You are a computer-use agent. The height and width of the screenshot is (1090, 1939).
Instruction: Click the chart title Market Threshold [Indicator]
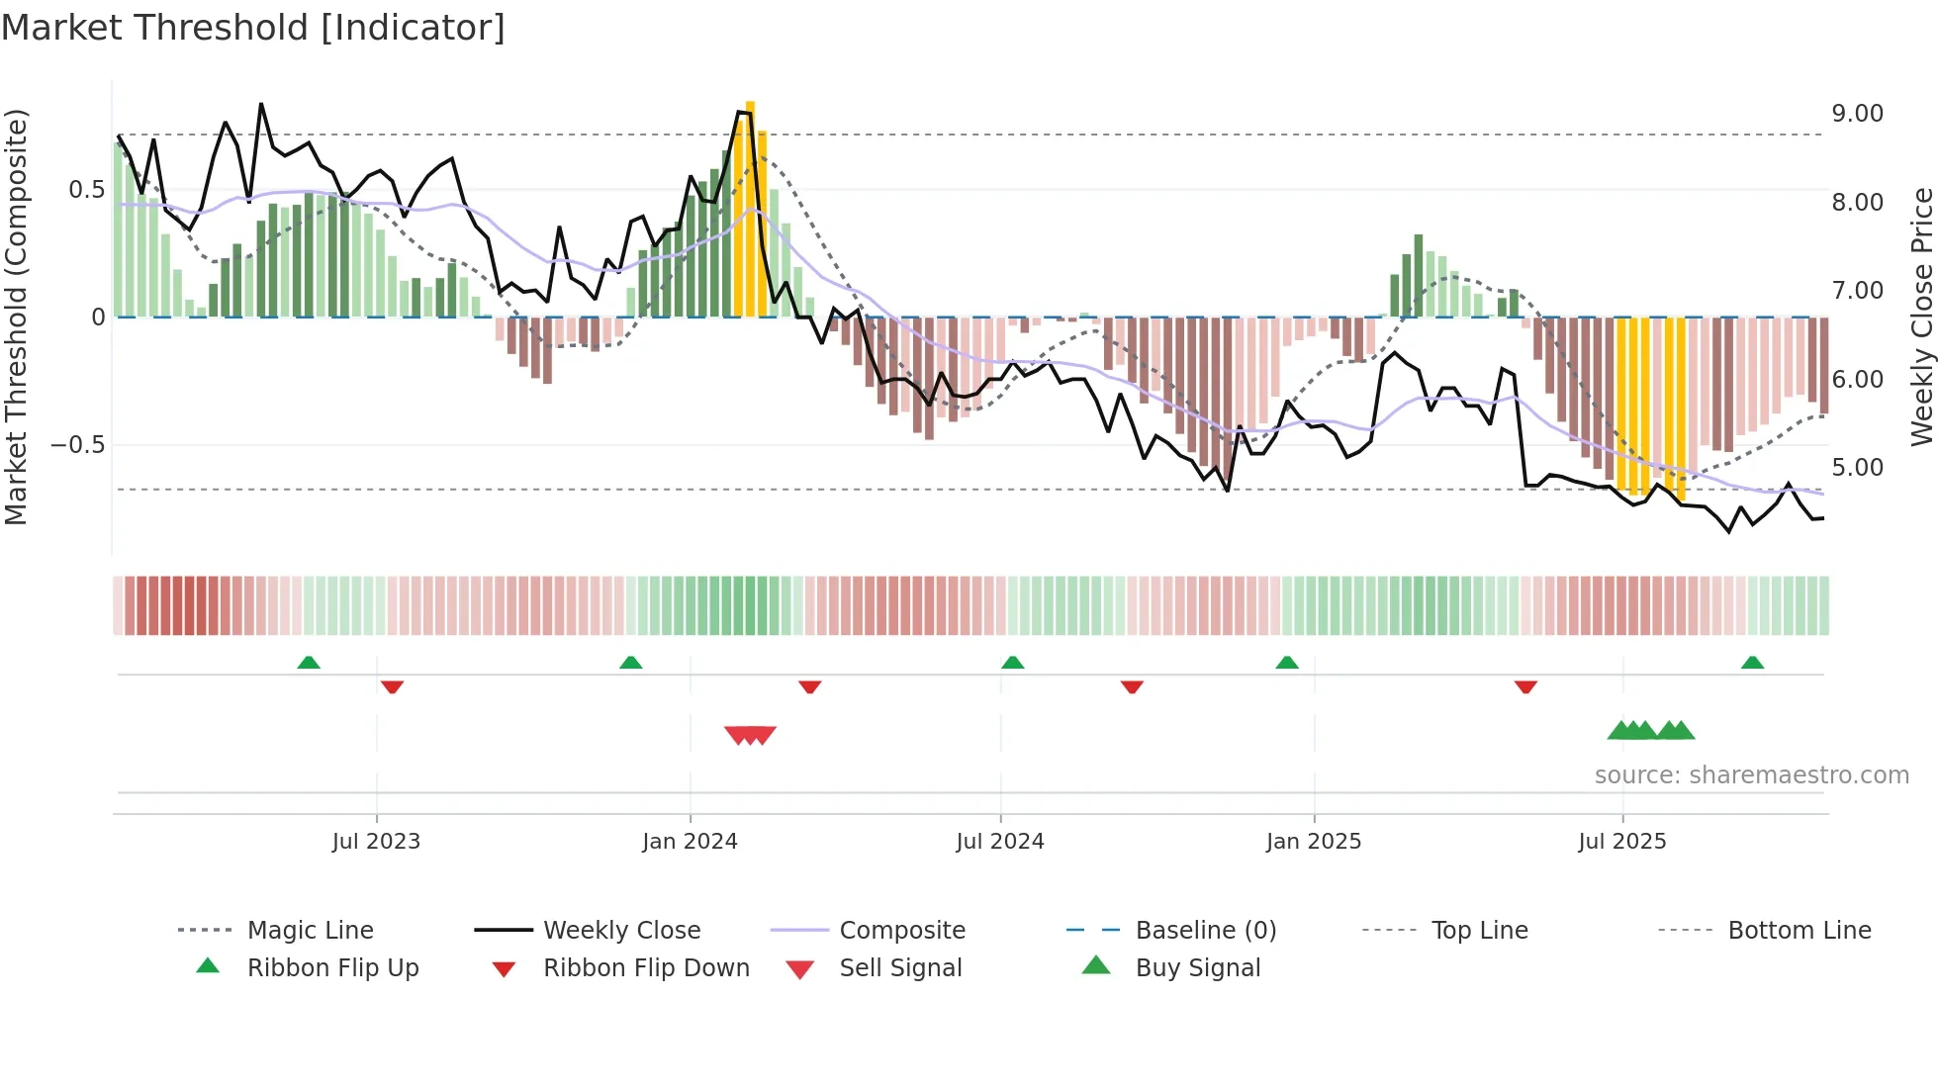coord(253,28)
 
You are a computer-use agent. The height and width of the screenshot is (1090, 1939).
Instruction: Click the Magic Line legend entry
coord(310,931)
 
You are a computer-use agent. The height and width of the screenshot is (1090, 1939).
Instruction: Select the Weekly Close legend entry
coord(621,931)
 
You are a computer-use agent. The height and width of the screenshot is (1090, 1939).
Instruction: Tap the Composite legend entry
coord(901,931)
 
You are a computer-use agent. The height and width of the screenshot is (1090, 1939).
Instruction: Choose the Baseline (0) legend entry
coord(1205,931)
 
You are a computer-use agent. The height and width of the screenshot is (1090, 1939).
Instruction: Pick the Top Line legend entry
coord(1479,931)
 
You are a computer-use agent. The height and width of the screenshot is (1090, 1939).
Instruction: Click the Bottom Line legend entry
coord(1799,931)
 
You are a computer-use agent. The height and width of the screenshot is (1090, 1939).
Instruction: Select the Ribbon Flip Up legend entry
coord(332,968)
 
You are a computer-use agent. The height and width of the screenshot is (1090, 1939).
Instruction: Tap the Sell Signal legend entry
coord(899,968)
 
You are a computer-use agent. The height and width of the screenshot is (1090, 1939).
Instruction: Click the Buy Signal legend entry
coord(1197,968)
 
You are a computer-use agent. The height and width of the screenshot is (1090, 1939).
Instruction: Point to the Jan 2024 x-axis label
coord(690,842)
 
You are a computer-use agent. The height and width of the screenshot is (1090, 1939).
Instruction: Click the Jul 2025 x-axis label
coord(1621,842)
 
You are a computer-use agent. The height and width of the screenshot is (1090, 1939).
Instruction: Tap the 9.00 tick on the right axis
coord(1857,114)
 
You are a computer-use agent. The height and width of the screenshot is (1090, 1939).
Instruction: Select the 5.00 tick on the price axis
coord(1857,468)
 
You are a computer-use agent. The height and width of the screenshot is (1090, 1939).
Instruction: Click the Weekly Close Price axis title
coord(1921,317)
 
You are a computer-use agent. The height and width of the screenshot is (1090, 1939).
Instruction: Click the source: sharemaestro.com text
coord(1751,775)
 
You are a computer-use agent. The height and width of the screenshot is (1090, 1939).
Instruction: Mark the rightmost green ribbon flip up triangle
coord(1752,663)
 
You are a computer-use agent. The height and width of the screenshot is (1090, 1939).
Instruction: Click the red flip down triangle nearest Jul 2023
coord(392,686)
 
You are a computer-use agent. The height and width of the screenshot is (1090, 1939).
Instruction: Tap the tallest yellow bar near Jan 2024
coord(750,208)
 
